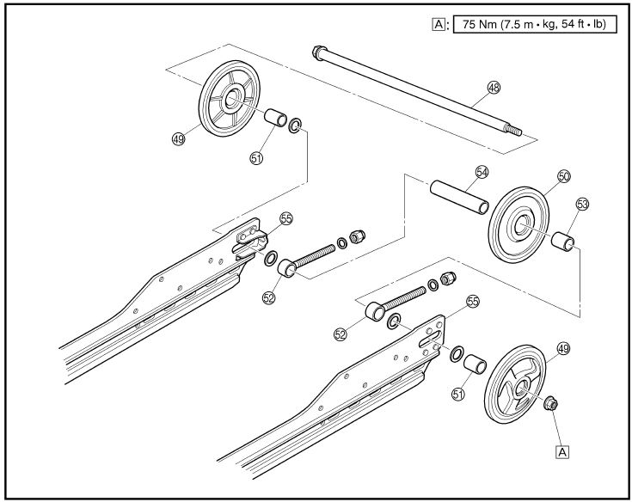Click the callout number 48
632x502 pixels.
(x=494, y=88)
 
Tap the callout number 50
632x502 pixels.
(x=564, y=176)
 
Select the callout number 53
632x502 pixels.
(x=582, y=205)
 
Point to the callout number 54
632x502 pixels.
(x=482, y=172)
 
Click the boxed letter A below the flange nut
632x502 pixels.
(x=562, y=451)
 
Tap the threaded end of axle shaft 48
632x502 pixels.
(x=515, y=131)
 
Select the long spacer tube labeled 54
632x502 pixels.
(x=459, y=197)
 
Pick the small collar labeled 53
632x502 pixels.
(x=562, y=241)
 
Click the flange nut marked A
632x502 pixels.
(x=550, y=403)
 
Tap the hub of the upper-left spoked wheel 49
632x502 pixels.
(x=232, y=99)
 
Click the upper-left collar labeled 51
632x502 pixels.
(x=275, y=117)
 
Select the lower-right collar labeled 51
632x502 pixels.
(x=475, y=364)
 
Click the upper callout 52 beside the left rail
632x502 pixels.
(x=268, y=297)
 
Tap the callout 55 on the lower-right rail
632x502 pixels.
(x=473, y=302)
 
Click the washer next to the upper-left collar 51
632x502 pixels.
(x=295, y=125)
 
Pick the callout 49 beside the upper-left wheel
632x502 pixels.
(x=178, y=139)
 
